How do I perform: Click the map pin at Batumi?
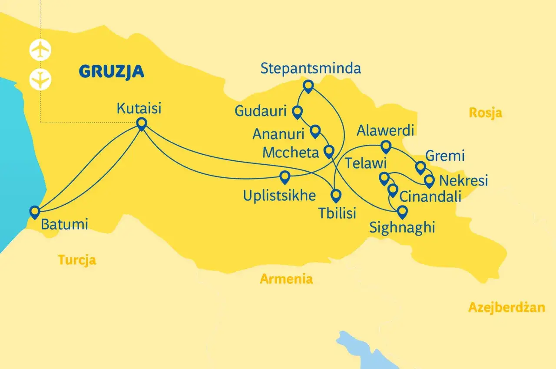[34, 211]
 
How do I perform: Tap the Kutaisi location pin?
[141, 124]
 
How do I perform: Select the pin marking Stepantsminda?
[308, 86]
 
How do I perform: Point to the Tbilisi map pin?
[336, 196]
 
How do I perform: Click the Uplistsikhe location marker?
[285, 176]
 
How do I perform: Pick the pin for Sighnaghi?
[403, 212]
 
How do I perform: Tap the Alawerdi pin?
[385, 146]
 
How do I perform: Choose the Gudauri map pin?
[297, 112]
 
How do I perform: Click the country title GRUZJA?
[111, 71]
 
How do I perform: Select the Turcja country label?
[77, 260]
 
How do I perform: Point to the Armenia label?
[286, 279]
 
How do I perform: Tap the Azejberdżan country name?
[506, 308]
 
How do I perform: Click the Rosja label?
[486, 113]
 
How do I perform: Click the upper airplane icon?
[40, 50]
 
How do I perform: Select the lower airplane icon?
[40, 80]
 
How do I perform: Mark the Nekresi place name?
[463, 180]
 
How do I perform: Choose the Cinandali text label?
[430, 196]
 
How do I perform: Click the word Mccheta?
[291, 153]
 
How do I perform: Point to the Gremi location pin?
[420, 167]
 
